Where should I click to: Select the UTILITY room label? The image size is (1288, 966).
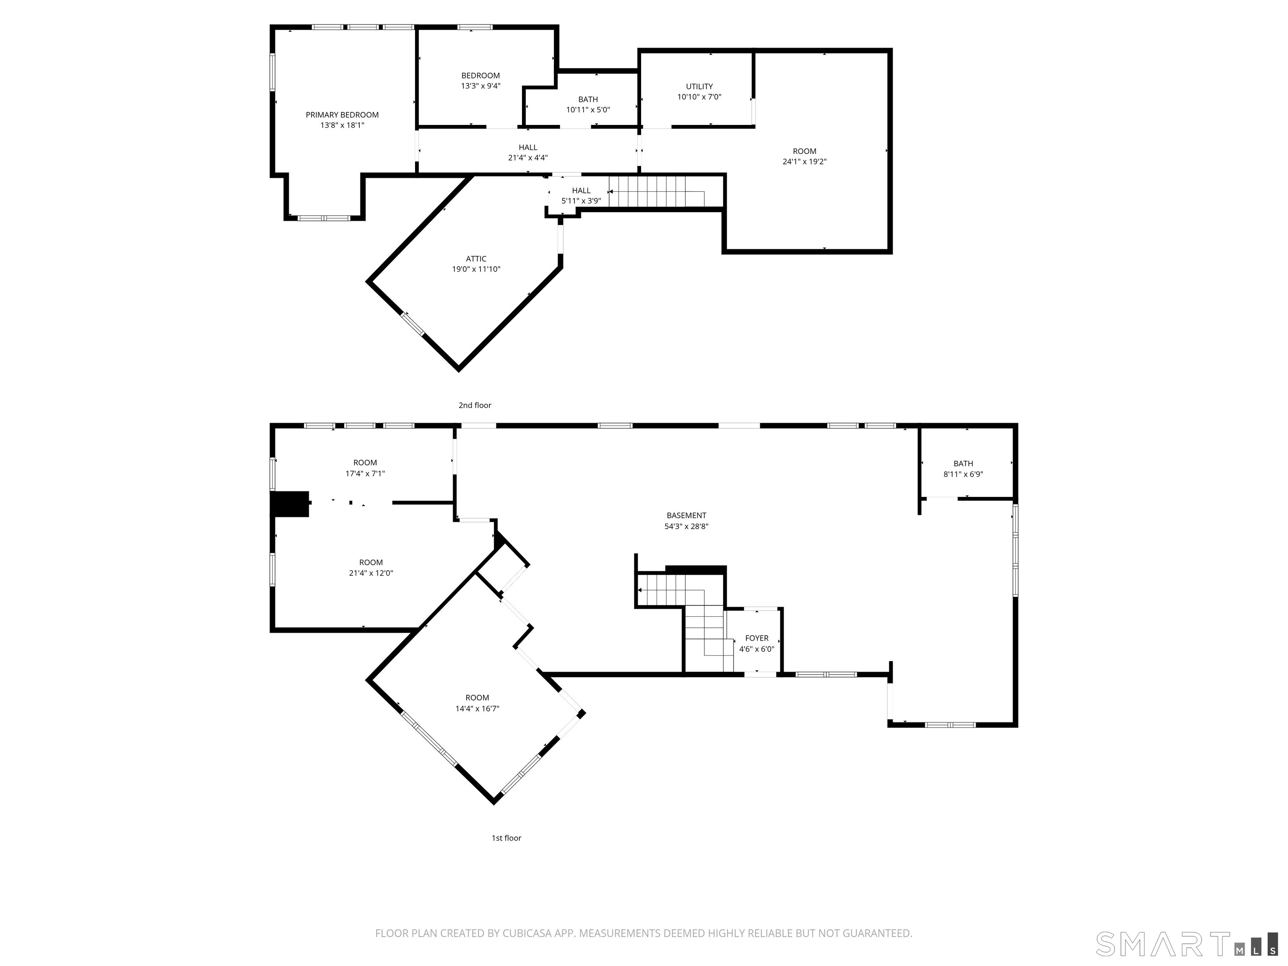(x=699, y=86)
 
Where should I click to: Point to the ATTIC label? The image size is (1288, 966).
(x=476, y=259)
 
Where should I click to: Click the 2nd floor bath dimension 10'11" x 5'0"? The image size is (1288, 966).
(x=588, y=109)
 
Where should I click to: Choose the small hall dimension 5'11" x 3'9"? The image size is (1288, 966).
(x=581, y=201)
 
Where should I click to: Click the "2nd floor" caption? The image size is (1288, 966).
(x=475, y=405)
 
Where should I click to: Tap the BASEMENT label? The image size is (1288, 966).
(x=686, y=515)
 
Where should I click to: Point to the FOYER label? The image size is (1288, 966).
(x=756, y=638)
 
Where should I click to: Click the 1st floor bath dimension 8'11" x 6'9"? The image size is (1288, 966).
(x=963, y=474)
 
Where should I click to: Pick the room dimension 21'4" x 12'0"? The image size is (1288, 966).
(x=371, y=573)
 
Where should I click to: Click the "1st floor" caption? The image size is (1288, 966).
(x=506, y=838)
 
